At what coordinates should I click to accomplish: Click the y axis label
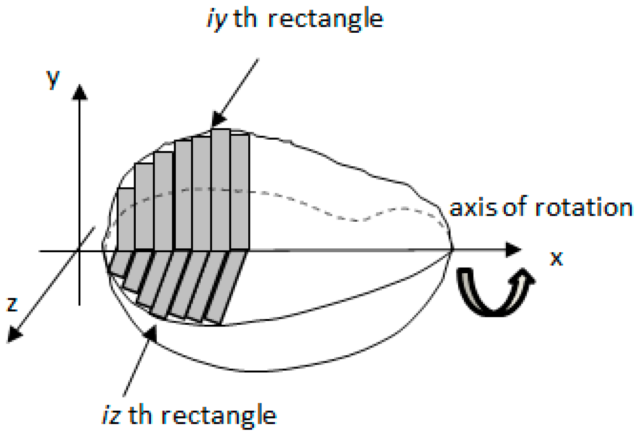[x=53, y=79]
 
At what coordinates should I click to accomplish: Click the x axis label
[x=556, y=258]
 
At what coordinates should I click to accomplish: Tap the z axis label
[x=12, y=303]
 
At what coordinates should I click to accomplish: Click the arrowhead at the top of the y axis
[x=79, y=92]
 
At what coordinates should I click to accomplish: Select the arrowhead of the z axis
[x=14, y=334]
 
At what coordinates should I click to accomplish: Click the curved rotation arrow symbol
[x=495, y=291]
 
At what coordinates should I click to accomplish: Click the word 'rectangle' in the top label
[x=325, y=19]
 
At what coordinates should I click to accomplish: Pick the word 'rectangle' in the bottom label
[x=219, y=415]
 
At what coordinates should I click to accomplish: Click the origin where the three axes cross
[x=79, y=251]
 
